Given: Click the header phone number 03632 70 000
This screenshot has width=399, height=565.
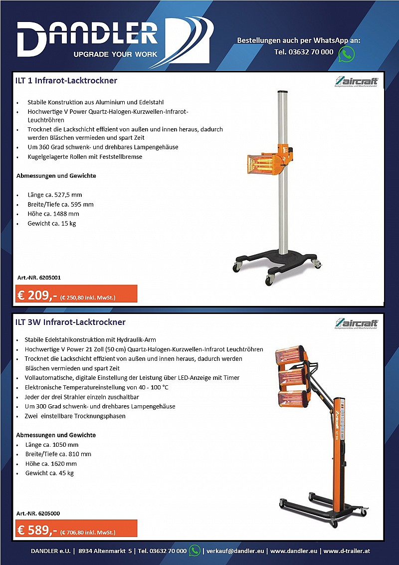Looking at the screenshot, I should point(304,52).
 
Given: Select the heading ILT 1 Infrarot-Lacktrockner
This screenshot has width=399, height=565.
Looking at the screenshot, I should point(66,80).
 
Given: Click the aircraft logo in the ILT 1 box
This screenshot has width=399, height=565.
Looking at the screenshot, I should point(356,82).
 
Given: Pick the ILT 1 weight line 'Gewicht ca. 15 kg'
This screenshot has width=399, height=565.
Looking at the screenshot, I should point(52,223).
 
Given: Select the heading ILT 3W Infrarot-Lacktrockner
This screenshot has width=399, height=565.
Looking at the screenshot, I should point(70,322).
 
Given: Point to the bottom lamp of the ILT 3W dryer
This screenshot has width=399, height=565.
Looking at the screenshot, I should point(294,399).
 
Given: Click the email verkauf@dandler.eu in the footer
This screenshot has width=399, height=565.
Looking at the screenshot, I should point(236,551).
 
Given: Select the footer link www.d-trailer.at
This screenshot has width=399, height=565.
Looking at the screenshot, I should point(347,551).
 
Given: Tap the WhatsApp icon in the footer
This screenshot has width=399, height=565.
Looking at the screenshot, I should point(195,551).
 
